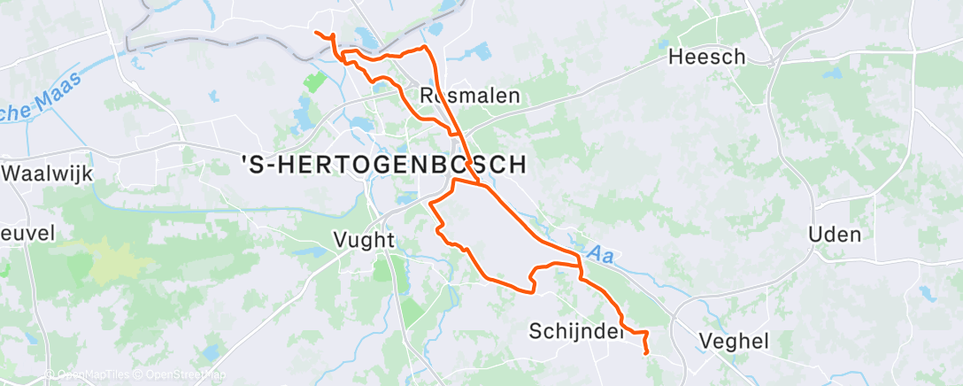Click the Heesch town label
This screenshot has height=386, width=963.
(707, 58)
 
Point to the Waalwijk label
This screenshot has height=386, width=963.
(48, 173)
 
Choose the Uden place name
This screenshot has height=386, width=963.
(835, 235)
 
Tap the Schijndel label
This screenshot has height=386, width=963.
(572, 331)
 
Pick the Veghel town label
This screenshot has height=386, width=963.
(734, 341)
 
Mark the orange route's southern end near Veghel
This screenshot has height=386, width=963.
(647, 352)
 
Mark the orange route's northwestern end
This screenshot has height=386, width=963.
(316, 33)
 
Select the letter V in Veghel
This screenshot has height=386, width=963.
(705, 341)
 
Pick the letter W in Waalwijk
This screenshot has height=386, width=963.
(14, 173)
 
